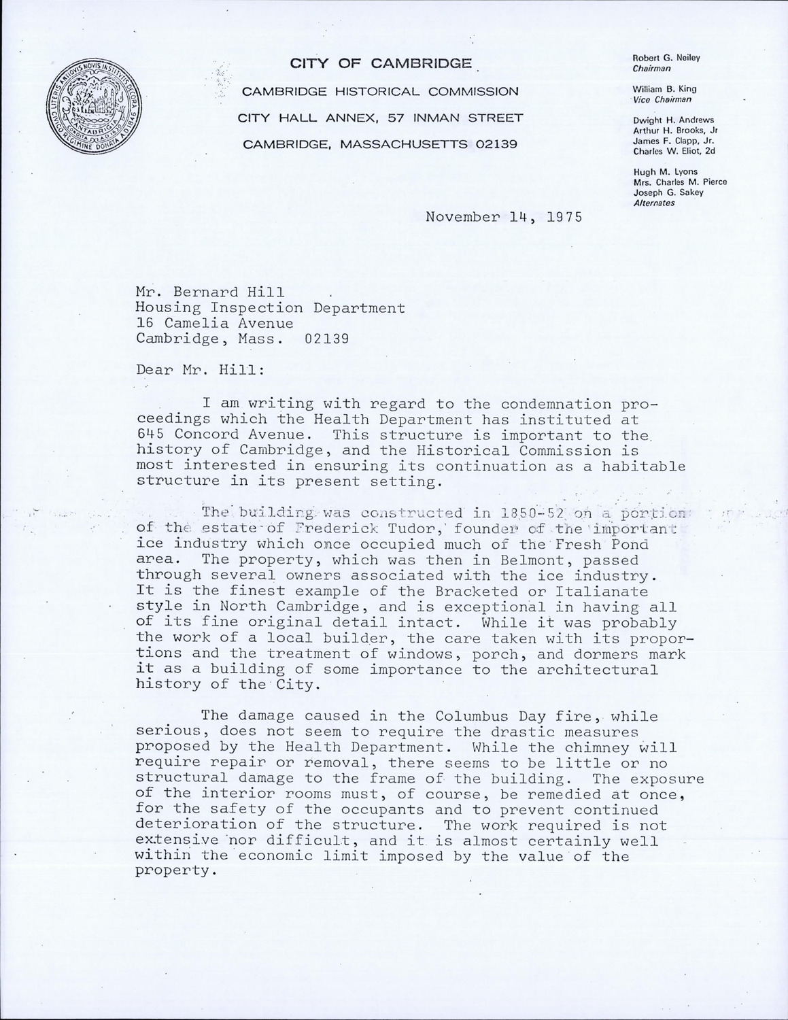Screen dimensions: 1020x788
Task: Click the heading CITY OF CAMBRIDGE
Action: click(381, 64)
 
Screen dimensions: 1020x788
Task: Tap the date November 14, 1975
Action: click(504, 218)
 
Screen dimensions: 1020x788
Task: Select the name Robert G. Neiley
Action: click(666, 58)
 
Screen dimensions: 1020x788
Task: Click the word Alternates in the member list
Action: click(653, 203)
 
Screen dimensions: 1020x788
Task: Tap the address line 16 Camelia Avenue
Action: click(215, 324)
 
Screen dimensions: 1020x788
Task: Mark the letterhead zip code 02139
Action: click(496, 144)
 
